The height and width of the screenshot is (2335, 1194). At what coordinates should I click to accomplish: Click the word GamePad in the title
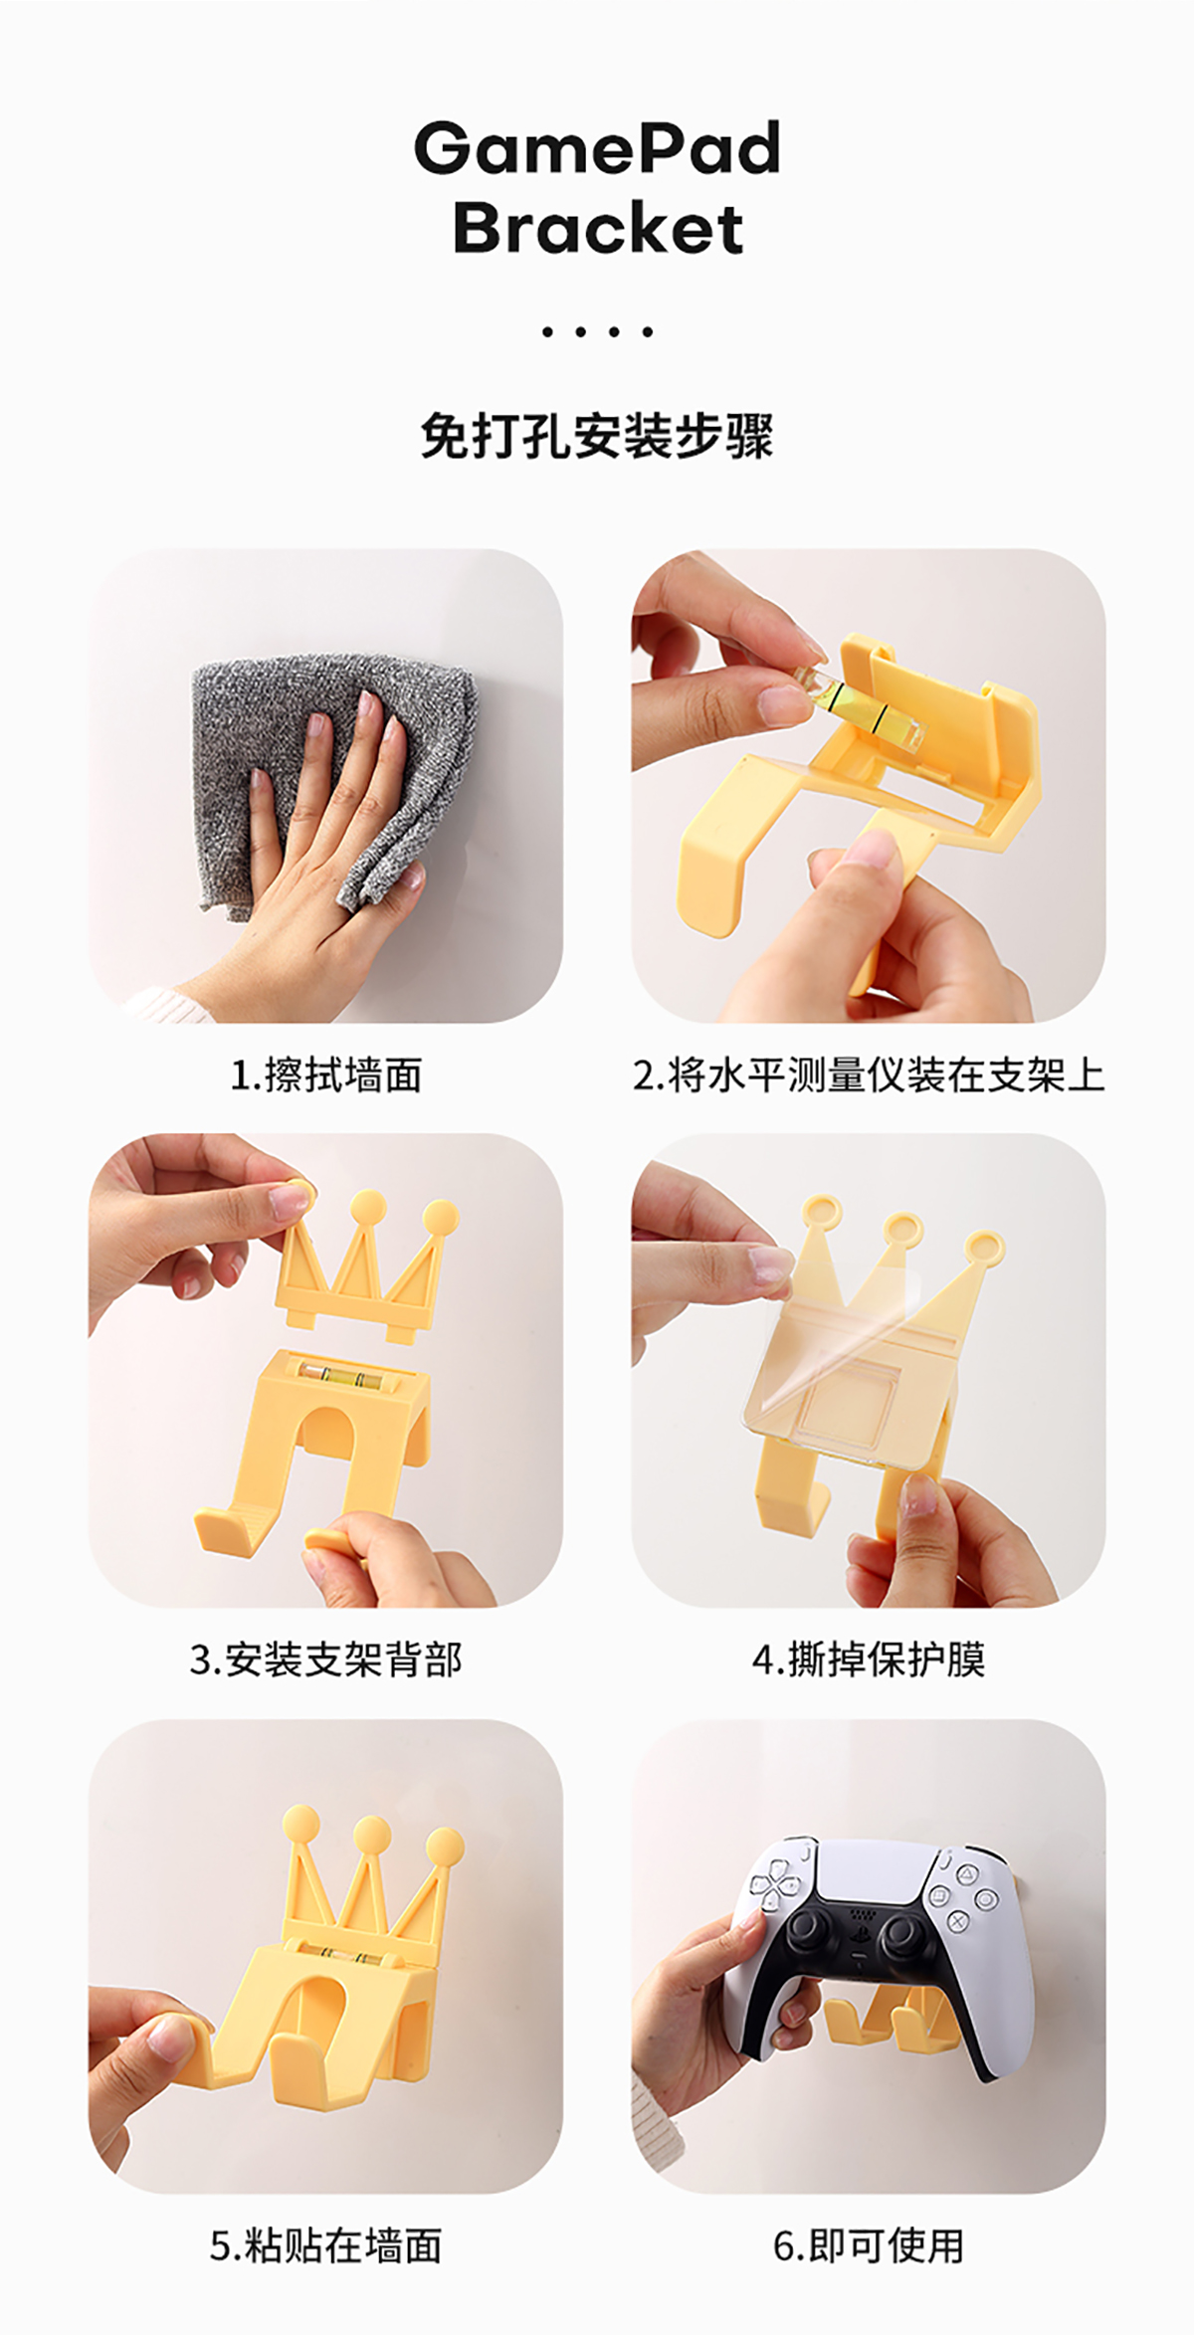[x=597, y=148]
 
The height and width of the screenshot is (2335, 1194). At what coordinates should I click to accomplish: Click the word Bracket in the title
[x=598, y=227]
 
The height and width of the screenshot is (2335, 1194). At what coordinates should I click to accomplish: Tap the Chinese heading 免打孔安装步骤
[x=597, y=436]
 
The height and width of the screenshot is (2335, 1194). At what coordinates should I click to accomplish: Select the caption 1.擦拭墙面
[x=326, y=1075]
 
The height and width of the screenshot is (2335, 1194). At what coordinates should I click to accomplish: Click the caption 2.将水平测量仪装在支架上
[x=869, y=1075]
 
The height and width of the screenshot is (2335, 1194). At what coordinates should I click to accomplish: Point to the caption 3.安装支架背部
[x=326, y=1659]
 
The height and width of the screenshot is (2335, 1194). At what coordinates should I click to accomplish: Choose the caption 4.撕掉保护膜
[x=869, y=1659]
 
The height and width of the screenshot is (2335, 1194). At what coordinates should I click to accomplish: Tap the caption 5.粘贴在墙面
[x=326, y=2245]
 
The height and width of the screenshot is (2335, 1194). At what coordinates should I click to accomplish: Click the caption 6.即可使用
[x=869, y=2245]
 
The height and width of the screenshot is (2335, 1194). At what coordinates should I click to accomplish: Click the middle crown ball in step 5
[x=371, y=1834]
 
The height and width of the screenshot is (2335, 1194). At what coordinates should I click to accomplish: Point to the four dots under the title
[x=597, y=331]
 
